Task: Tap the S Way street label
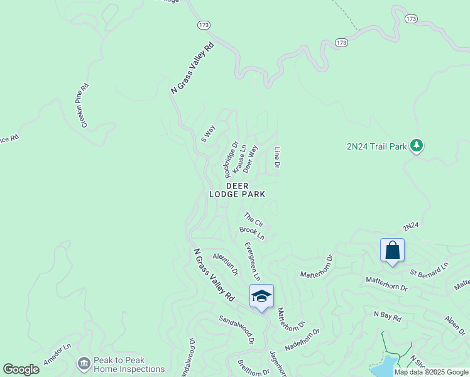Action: click(x=208, y=133)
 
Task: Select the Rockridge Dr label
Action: click(x=231, y=158)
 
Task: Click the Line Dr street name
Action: click(x=276, y=158)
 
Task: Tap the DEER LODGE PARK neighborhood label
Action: click(x=237, y=190)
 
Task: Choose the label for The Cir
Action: click(x=253, y=219)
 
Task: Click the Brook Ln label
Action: click(x=252, y=233)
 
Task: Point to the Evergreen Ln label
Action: click(x=252, y=261)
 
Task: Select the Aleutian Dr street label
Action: click(x=226, y=264)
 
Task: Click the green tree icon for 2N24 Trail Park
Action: click(x=416, y=146)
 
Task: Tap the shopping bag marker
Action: click(x=393, y=251)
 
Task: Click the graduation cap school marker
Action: click(x=261, y=296)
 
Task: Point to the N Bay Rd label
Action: click(x=387, y=316)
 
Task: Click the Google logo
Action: click(x=21, y=369)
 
